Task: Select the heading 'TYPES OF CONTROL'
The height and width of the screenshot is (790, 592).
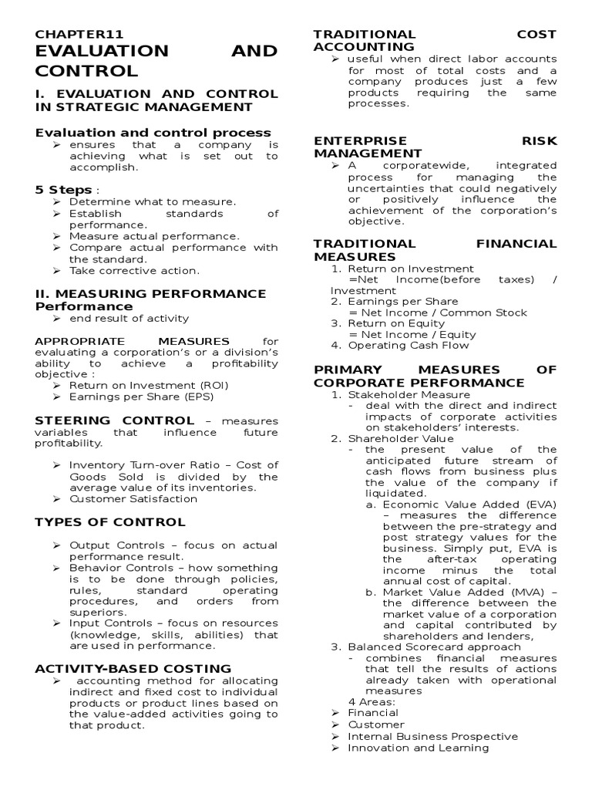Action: pyautogui.click(x=109, y=522)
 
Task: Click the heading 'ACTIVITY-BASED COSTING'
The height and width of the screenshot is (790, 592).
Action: pyautogui.click(x=133, y=668)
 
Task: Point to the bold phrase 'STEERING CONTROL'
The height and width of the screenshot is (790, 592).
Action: pyautogui.click(x=115, y=420)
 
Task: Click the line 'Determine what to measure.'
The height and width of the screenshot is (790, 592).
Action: pyautogui.click(x=152, y=202)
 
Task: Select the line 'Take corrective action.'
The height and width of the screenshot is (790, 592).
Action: pyautogui.click(x=133, y=271)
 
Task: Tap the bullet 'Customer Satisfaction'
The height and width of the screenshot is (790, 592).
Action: pyautogui.click(x=133, y=498)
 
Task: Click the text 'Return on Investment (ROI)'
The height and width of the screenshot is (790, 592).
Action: pyautogui.click(x=149, y=385)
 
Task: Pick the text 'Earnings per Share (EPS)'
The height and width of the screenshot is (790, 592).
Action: pyautogui.click(x=141, y=397)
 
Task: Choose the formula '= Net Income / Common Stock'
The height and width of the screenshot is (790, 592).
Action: pyautogui.click(x=438, y=312)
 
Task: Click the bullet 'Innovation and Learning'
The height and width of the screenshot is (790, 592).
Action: pyautogui.click(x=418, y=748)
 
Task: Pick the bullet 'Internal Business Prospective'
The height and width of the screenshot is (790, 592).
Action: pyautogui.click(x=432, y=736)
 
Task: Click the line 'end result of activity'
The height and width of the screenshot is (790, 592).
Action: pyautogui.click(x=129, y=318)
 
